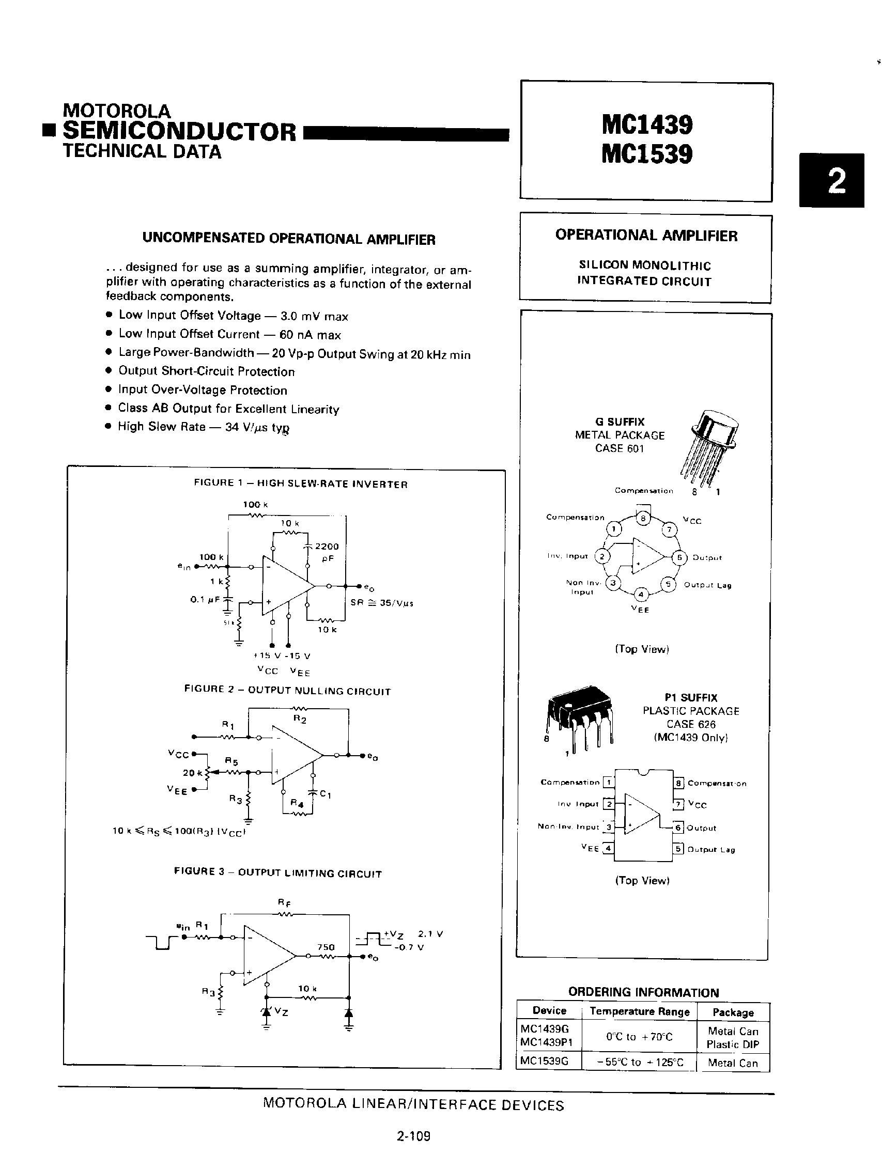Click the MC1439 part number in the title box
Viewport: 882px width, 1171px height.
646,125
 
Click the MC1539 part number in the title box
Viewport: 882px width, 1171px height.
646,154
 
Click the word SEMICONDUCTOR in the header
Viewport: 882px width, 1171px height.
179,132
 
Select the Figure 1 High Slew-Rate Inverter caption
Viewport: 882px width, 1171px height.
301,484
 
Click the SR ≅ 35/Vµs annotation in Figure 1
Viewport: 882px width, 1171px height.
381,602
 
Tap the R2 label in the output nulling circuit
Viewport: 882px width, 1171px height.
300,720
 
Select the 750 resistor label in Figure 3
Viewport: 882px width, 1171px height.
326,947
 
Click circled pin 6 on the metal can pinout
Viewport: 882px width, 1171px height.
679,557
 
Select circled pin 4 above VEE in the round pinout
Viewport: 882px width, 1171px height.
641,594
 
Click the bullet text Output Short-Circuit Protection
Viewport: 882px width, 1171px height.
207,371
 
